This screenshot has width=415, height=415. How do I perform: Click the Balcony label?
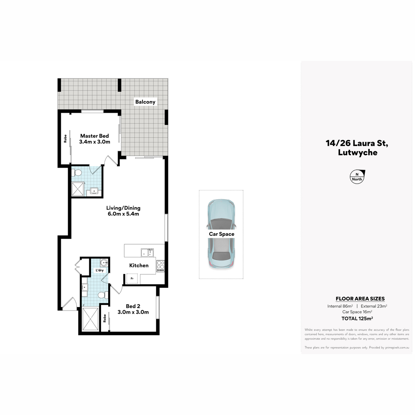145,102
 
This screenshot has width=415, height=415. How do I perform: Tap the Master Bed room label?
94,139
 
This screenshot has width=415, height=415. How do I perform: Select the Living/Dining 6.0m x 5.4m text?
123,211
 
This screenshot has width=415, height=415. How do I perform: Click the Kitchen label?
139,265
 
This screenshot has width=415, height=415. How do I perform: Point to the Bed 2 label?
133,309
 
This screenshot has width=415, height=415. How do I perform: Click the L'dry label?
100,270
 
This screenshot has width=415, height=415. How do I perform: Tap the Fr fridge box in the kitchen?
132,278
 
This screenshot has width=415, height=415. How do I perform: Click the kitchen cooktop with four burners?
160,266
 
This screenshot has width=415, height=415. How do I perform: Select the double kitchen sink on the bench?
147,252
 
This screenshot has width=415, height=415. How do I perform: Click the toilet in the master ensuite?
76,173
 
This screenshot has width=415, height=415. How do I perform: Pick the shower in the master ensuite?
78,189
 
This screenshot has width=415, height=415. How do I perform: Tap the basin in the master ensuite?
94,191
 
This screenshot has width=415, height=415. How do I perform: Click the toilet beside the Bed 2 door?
103,295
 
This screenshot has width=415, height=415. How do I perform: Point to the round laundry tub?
104,263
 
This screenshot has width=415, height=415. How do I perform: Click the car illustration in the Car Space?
221,234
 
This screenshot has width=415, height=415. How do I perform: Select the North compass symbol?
357,177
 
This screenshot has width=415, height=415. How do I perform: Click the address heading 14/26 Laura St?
357,143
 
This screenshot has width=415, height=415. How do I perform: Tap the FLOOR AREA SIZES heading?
360,299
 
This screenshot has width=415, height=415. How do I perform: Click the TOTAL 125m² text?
357,319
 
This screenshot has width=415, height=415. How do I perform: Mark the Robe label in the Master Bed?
65,138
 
